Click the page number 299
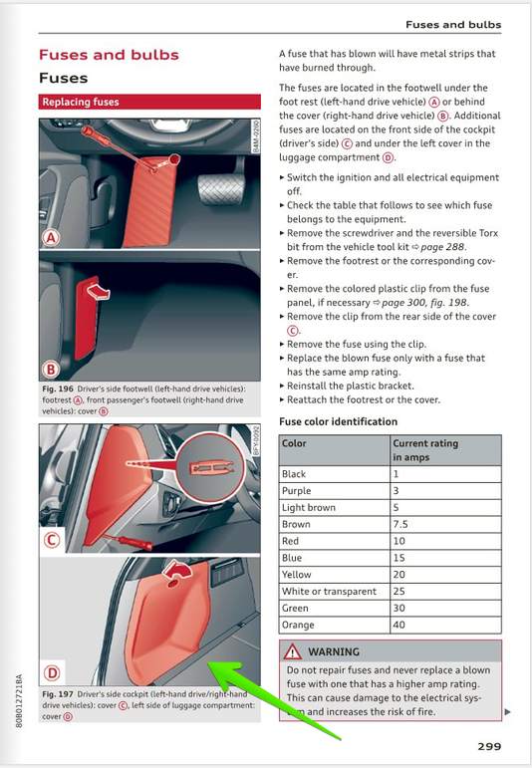pos(488,745)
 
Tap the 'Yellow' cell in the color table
pos(296,575)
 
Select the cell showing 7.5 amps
pos(401,524)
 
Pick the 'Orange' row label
pos(298,625)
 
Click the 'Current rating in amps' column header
pos(425,449)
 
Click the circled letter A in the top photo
pos(52,238)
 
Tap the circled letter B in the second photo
pos(52,366)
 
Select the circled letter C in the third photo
pos(52,541)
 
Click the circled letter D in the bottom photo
pos(52,671)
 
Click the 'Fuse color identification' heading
pos(338,421)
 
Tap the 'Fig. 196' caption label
pos(57,388)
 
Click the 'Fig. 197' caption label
pos(57,693)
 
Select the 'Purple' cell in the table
pos(298,491)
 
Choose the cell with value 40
pos(399,625)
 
